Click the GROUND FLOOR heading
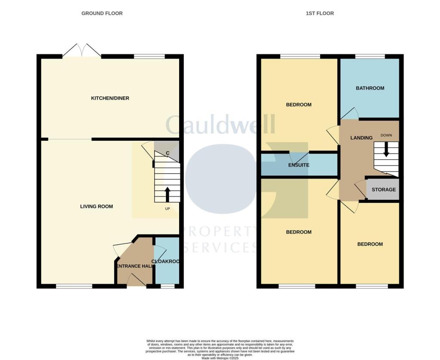point(102,13)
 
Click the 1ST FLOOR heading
point(320,13)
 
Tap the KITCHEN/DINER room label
point(110,98)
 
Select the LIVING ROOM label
point(97,206)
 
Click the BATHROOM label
point(370,88)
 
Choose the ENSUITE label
point(299,165)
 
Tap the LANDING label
point(361,138)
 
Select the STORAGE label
point(383,190)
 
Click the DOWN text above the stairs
point(386,135)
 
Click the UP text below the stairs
point(167,209)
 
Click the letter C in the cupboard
point(168,153)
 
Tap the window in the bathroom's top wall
point(370,56)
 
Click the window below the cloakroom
point(168,286)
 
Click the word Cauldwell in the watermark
point(220,125)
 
